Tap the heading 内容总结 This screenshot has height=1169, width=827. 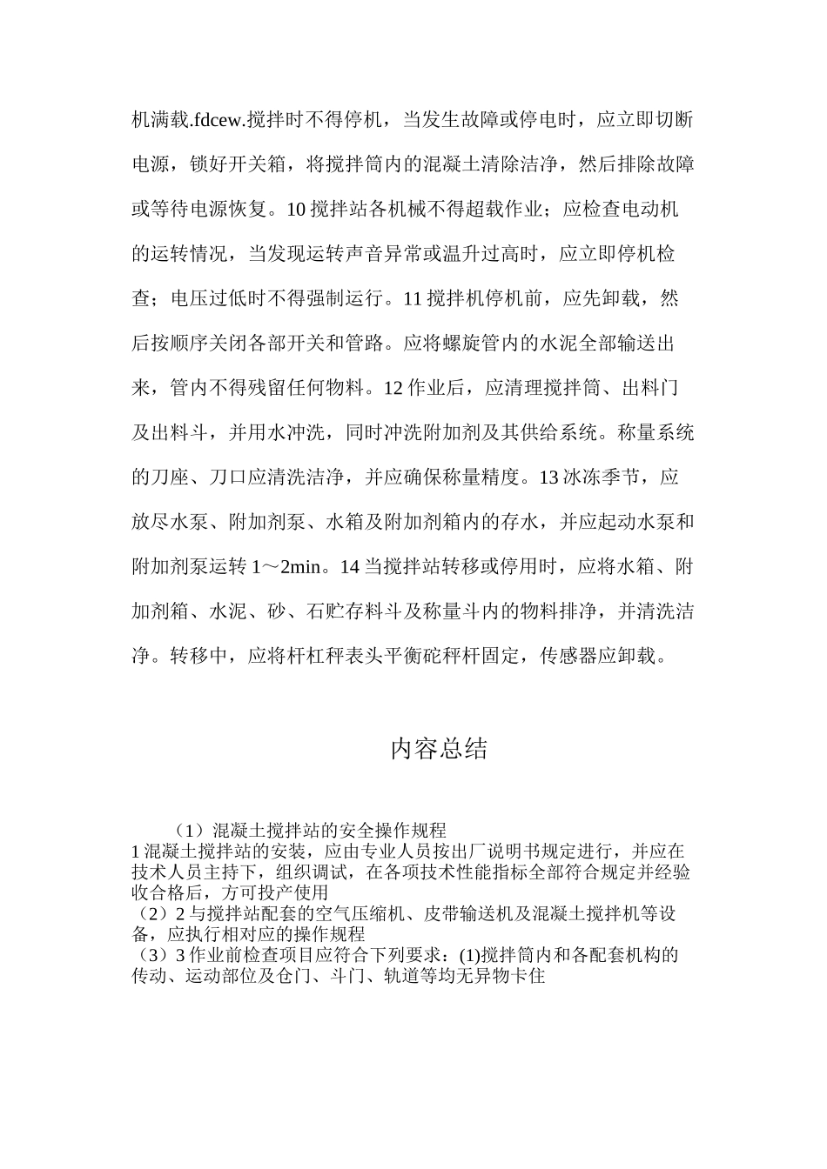439,749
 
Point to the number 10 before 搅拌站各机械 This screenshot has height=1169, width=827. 295,210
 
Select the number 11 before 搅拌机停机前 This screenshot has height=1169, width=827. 414,299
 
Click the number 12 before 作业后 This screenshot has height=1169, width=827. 393,389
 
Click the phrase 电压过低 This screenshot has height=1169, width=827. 199,299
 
